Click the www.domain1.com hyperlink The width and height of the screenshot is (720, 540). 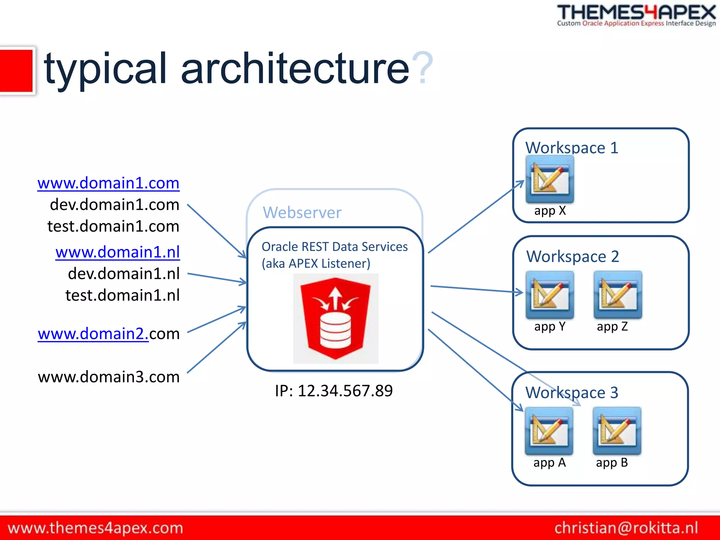[x=108, y=183]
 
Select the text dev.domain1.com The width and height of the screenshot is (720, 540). [x=114, y=205]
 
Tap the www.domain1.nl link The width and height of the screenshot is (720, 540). [x=117, y=252]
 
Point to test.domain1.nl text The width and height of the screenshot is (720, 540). [x=122, y=295]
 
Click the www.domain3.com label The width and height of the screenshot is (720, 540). [x=109, y=377]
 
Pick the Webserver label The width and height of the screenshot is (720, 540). [x=302, y=213]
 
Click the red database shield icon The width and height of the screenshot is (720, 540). [x=335, y=318]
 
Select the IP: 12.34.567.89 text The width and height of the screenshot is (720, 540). [x=334, y=391]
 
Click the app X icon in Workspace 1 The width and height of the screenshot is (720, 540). [x=550, y=179]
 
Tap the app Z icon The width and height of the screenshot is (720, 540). [x=618, y=295]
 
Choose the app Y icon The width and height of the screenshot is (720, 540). [x=550, y=295]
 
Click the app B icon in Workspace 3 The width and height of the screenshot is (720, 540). [x=617, y=431]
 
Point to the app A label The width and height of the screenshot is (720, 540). [x=549, y=463]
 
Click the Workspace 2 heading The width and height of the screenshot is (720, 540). [x=572, y=256]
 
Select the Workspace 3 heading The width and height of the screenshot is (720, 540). [x=572, y=392]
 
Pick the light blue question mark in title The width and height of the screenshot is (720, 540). [x=423, y=68]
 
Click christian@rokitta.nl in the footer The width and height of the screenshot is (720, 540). [x=626, y=528]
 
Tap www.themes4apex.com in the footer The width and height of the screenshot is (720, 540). [x=95, y=528]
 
